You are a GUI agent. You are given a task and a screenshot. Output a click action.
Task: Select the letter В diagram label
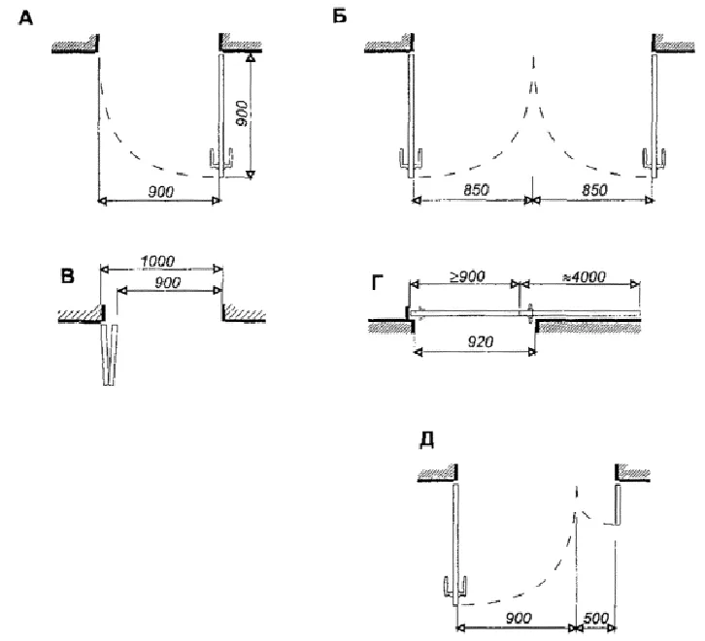(x=67, y=277)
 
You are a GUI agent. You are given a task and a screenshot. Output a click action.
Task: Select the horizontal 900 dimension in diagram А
(x=160, y=193)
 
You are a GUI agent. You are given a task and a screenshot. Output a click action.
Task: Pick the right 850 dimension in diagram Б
(x=590, y=191)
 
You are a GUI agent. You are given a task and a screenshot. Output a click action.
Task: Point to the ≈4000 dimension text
(x=584, y=275)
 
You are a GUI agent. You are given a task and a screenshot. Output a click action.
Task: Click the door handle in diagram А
(x=221, y=161)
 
